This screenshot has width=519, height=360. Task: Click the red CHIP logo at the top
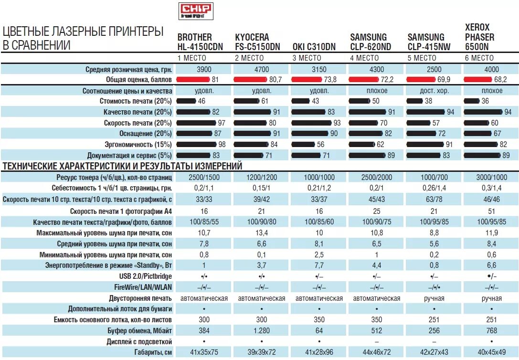196,11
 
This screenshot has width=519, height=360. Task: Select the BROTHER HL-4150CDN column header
200,42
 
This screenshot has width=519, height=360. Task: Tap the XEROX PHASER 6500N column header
480,37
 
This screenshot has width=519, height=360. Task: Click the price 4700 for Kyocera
262,69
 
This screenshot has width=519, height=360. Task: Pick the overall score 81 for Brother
215,79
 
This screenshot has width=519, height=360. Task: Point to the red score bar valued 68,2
478,79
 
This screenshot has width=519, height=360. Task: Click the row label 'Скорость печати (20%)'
138,123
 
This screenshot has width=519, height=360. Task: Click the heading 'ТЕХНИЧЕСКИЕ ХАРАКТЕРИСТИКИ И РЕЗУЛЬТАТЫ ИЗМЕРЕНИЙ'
123,166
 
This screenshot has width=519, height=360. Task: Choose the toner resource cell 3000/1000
491,177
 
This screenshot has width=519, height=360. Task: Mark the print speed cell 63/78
434,199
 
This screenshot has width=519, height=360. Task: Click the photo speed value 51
491,211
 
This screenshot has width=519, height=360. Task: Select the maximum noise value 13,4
262,233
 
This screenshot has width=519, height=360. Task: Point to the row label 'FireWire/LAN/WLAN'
143,287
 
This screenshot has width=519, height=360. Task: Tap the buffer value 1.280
262,330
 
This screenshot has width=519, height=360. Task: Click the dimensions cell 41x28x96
319,352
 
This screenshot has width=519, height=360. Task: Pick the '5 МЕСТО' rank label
422,58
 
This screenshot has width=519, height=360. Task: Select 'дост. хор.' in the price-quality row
434,90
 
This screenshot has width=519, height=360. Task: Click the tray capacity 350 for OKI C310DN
319,319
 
